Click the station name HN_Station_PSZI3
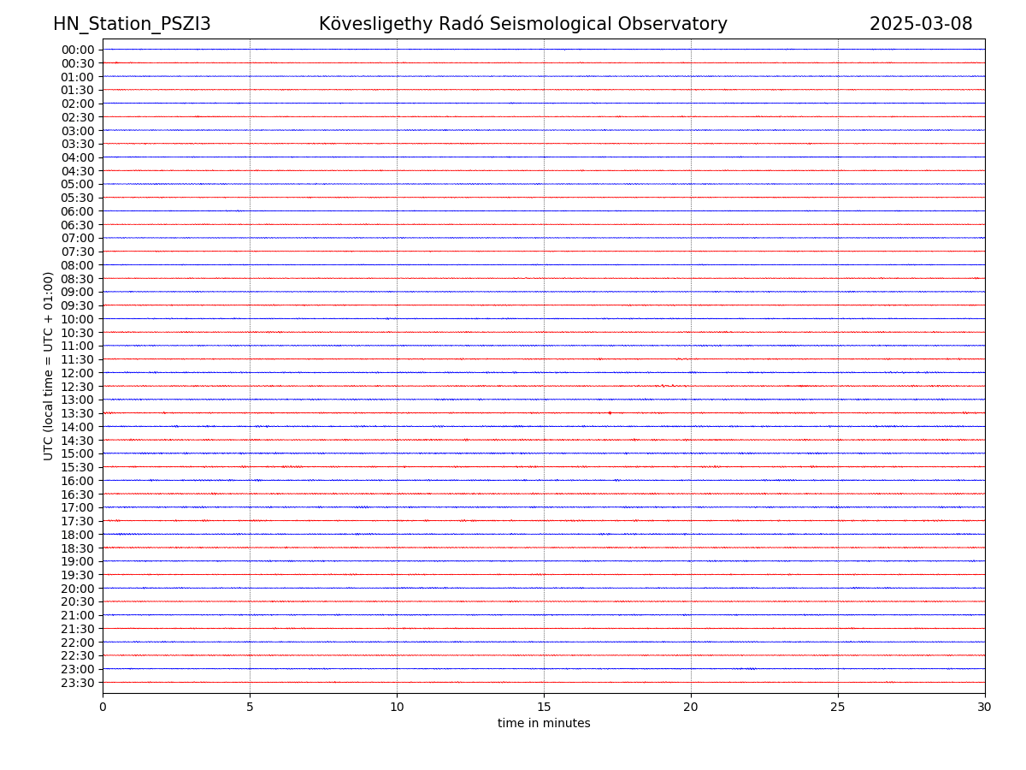click(132, 24)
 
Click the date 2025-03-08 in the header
click(921, 24)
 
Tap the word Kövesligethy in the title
click(374, 24)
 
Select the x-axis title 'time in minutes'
click(544, 724)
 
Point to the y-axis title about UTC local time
click(49, 365)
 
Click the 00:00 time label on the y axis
click(78, 50)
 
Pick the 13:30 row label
click(78, 413)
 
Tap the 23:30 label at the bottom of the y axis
click(78, 683)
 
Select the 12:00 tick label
click(78, 373)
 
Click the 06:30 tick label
click(78, 225)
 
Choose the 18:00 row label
click(78, 535)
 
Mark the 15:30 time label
click(78, 467)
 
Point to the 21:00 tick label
click(78, 615)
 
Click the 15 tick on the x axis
click(544, 707)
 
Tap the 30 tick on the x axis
click(985, 707)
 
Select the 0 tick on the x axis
click(103, 707)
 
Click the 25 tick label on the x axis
click(838, 707)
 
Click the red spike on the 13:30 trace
click(610, 412)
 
